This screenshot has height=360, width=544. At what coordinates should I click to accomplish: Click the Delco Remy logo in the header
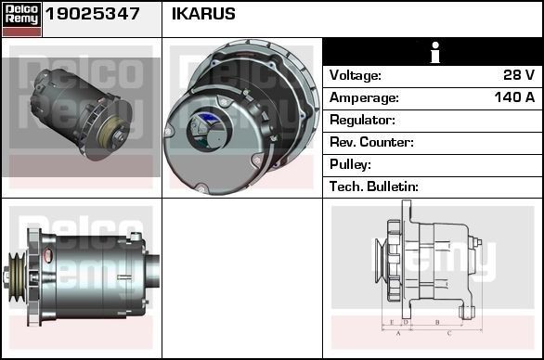coord(21,19)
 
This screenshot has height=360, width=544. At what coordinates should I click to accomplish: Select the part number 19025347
coord(92,14)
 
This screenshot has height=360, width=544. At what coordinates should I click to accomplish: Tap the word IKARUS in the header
coord(203,14)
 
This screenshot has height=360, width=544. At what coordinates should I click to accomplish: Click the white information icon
coord(435,52)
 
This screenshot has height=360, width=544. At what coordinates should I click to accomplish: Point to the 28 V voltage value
coord(519,75)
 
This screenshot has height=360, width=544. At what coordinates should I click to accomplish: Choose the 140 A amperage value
coord(515,97)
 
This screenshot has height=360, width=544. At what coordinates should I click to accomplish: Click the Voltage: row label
coord(356,75)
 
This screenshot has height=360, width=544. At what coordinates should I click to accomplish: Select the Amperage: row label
coord(364,97)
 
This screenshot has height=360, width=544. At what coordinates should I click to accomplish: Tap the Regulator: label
coord(363,120)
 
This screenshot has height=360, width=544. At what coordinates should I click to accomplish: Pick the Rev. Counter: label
coord(371,142)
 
